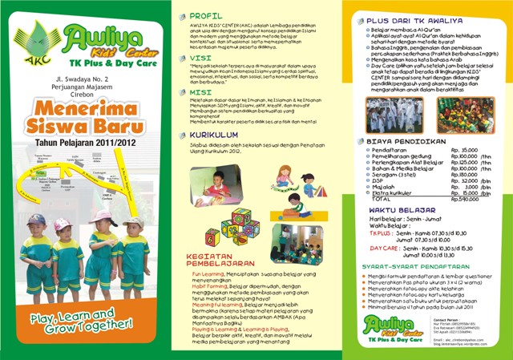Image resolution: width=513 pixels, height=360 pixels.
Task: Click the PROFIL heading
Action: (208, 15)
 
